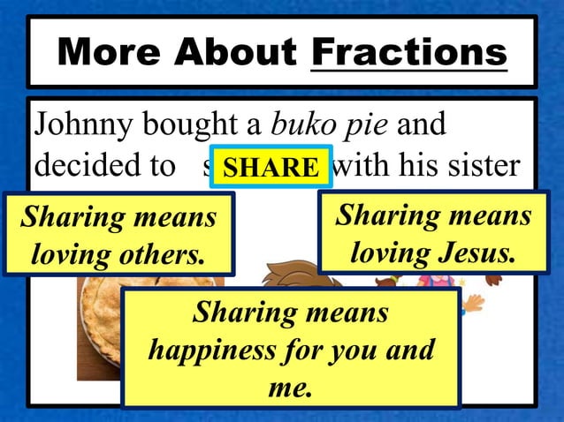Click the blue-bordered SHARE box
[271, 167]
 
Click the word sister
[484, 166]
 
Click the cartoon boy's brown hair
[292, 278]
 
